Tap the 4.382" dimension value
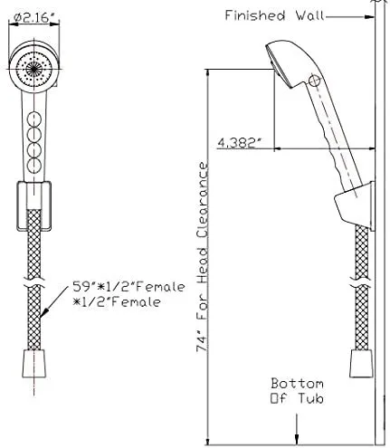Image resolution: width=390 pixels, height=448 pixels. [240, 141]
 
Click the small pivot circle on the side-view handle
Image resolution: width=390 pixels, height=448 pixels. [314, 81]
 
